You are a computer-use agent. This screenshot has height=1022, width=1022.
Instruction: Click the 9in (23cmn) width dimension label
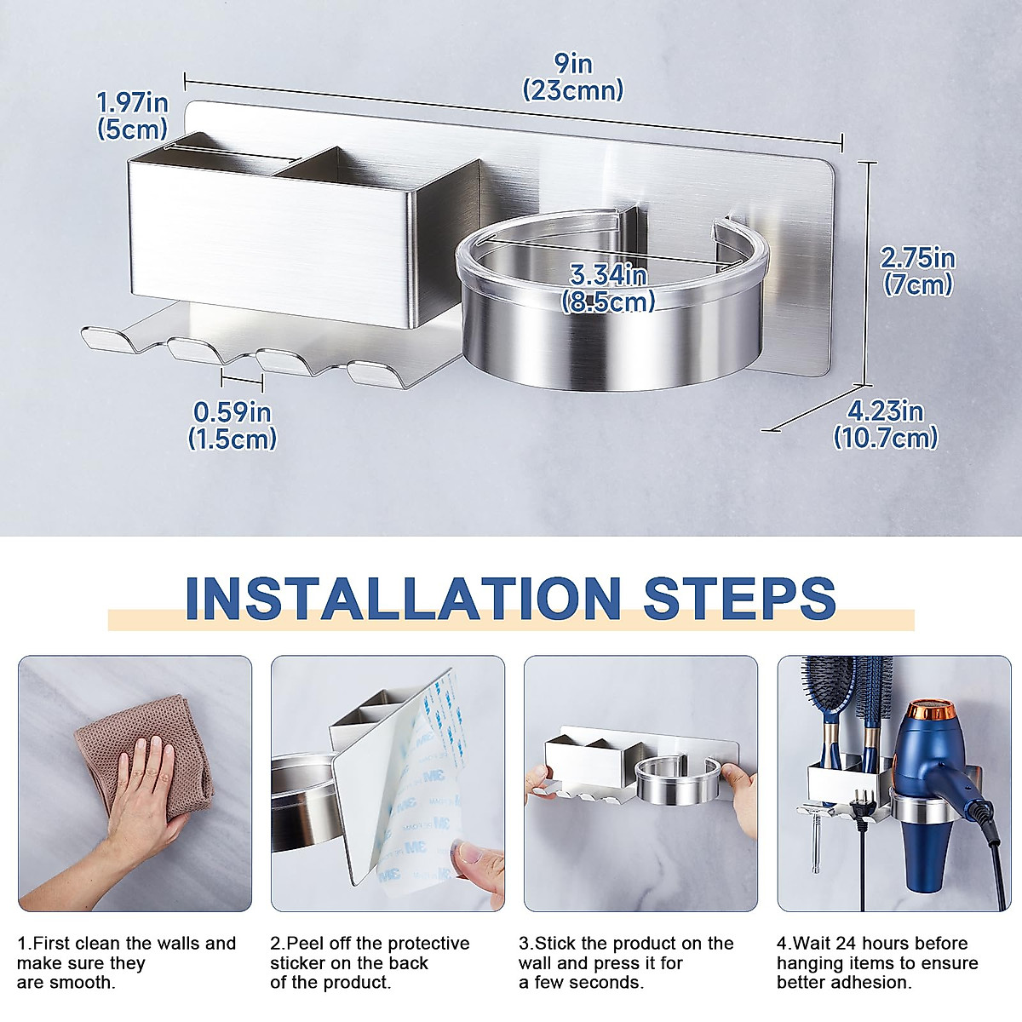[572, 78]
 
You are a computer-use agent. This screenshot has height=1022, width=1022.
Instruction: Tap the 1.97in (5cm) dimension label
[132, 116]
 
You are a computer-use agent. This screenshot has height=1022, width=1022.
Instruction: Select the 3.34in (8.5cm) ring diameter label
[608, 288]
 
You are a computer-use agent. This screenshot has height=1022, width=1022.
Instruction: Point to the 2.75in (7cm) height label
[917, 271]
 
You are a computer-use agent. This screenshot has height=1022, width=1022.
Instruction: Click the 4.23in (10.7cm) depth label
[885, 424]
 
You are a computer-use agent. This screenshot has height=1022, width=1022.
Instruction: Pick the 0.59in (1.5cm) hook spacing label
[232, 425]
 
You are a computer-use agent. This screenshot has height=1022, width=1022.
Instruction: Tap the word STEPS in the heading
[739, 598]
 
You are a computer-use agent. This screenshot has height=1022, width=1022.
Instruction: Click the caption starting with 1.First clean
[126, 962]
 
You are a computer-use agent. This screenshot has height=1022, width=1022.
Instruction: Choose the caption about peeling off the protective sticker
[370, 962]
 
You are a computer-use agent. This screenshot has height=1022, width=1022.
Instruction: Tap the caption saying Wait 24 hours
[877, 962]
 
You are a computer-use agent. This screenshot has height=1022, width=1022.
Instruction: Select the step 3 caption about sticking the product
[626, 962]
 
